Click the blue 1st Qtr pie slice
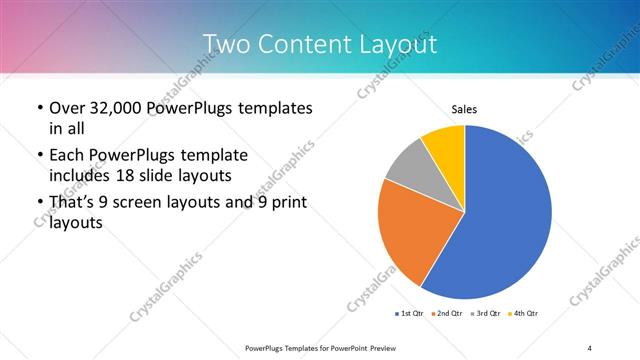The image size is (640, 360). (x=505, y=215)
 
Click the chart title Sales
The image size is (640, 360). (x=463, y=110)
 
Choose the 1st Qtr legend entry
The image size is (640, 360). (x=412, y=314)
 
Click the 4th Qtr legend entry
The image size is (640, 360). (x=524, y=314)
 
